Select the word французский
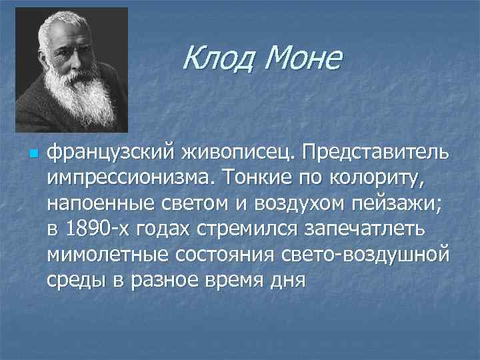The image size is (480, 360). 111,155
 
